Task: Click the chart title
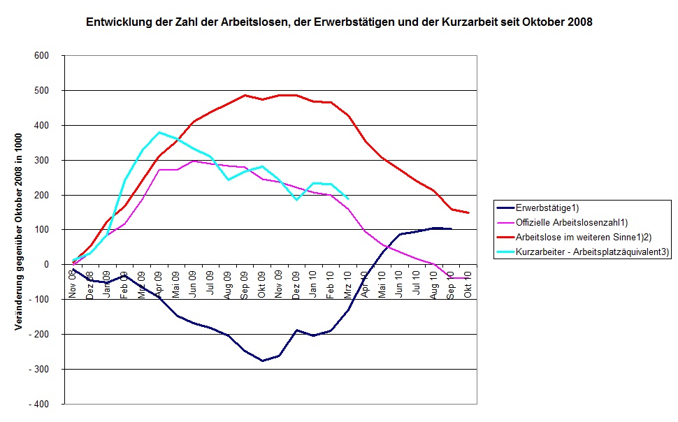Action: [339, 22]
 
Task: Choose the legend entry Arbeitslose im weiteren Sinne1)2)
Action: [580, 238]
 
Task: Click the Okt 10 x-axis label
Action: [468, 285]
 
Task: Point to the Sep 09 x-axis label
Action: [245, 285]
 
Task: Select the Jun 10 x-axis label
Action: [399, 285]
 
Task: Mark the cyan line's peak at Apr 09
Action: [159, 132]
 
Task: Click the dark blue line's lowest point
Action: [262, 361]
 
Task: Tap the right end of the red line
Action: [468, 212]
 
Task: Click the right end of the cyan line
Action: [348, 199]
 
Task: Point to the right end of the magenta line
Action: [468, 278]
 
